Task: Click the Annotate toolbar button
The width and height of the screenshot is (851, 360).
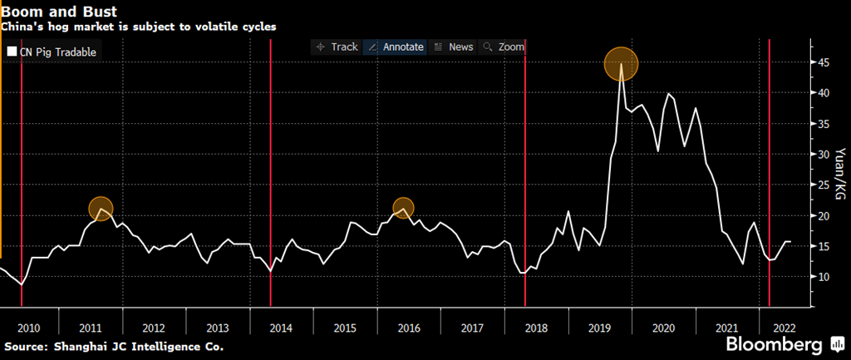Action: [396, 47]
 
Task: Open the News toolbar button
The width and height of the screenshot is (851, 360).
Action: [454, 47]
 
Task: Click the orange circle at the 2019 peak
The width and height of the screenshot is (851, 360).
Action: [621, 64]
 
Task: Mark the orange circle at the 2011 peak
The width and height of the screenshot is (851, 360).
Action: [100, 209]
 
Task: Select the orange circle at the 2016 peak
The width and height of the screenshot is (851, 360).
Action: [403, 208]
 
